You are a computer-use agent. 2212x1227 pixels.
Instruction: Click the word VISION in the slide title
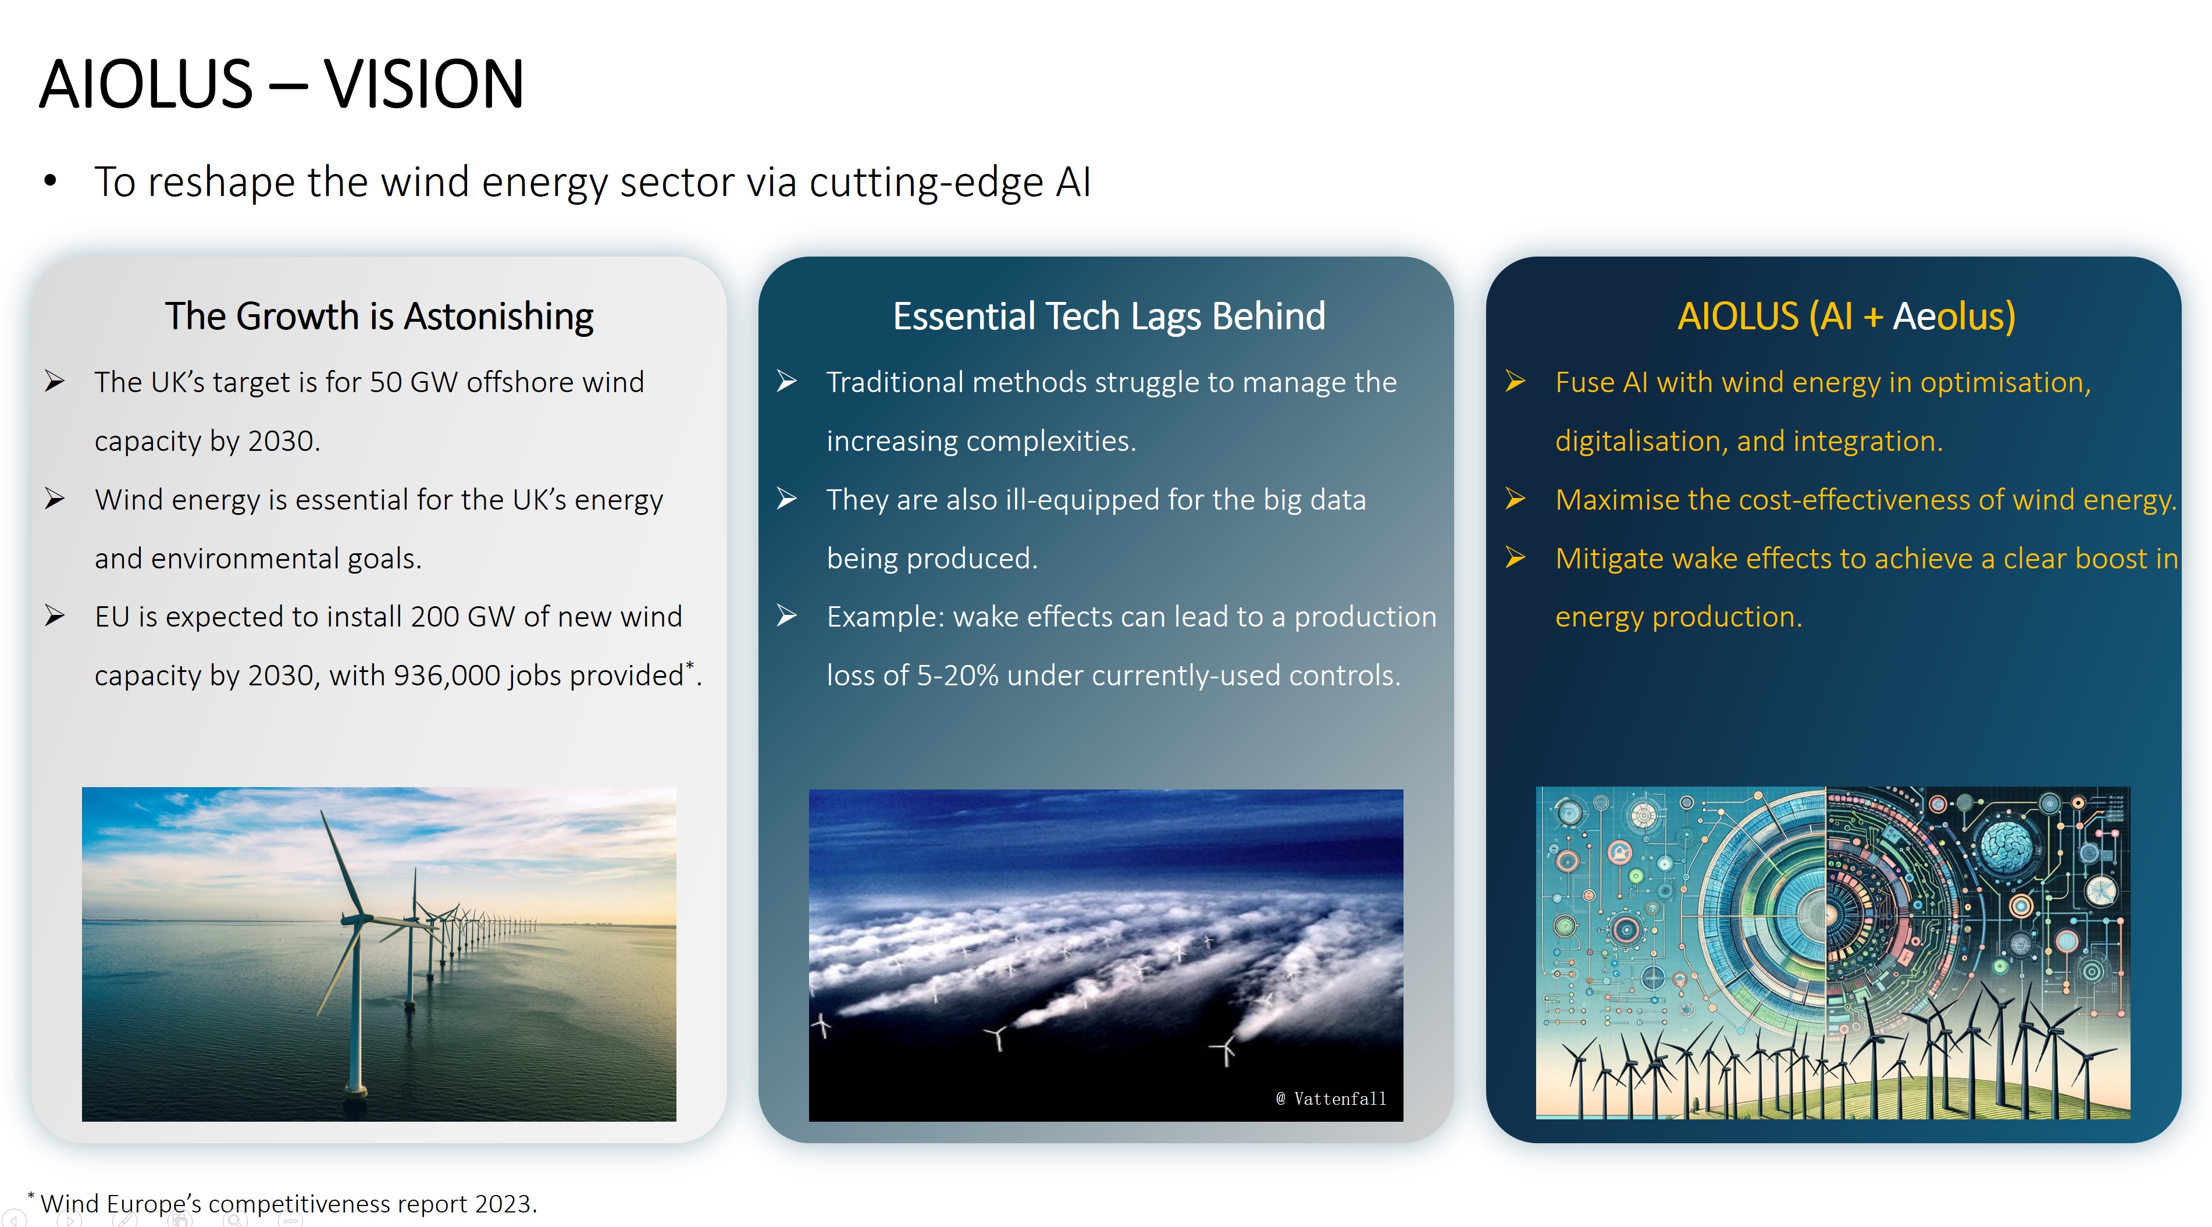423,84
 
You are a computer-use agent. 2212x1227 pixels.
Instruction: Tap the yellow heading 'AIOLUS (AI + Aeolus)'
1846,317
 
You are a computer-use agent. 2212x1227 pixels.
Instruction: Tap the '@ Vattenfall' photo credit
1330,1098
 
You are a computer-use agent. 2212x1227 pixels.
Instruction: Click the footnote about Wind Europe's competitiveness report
283,1203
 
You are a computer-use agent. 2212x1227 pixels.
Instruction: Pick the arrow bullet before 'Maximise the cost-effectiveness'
1516,499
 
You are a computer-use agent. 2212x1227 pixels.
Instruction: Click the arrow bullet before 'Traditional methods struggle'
786,381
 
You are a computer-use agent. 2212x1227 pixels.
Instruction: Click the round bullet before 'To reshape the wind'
50,181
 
